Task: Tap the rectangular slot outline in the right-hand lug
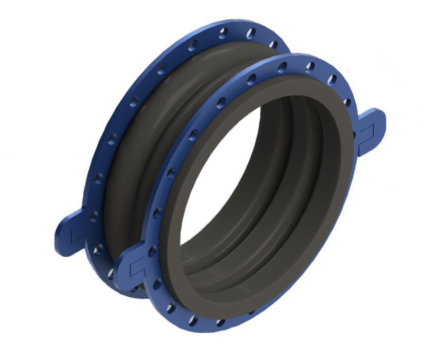(x=367, y=133)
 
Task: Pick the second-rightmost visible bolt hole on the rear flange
(x=251, y=33)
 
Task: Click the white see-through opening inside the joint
(x=216, y=190)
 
